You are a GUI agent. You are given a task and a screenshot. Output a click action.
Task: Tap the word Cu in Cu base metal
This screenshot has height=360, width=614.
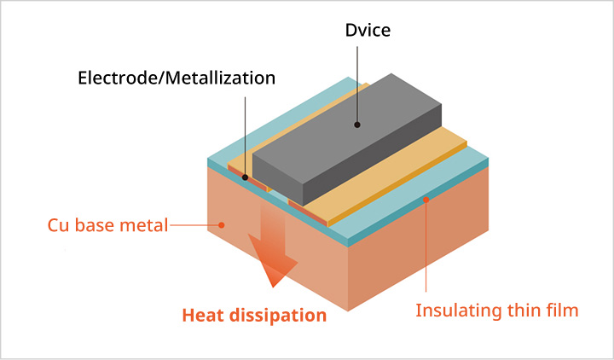pos(58,226)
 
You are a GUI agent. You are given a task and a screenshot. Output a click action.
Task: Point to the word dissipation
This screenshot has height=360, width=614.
pos(281,315)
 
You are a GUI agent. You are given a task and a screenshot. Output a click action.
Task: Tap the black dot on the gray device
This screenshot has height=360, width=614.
pos(357,125)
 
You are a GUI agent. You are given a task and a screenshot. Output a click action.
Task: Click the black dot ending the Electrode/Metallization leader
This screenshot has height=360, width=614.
pos(246,178)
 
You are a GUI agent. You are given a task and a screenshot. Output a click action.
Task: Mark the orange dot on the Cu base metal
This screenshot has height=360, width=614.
pos(222,226)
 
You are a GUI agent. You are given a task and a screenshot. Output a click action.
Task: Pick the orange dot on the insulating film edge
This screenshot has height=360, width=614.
pos(426,199)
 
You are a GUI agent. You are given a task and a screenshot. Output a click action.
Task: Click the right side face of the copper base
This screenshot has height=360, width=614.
pos(418,247)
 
